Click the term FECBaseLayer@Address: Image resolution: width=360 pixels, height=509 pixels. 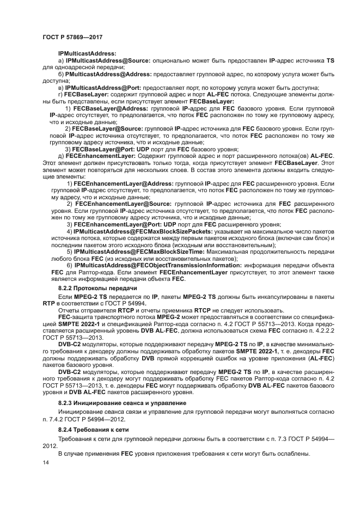114,109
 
